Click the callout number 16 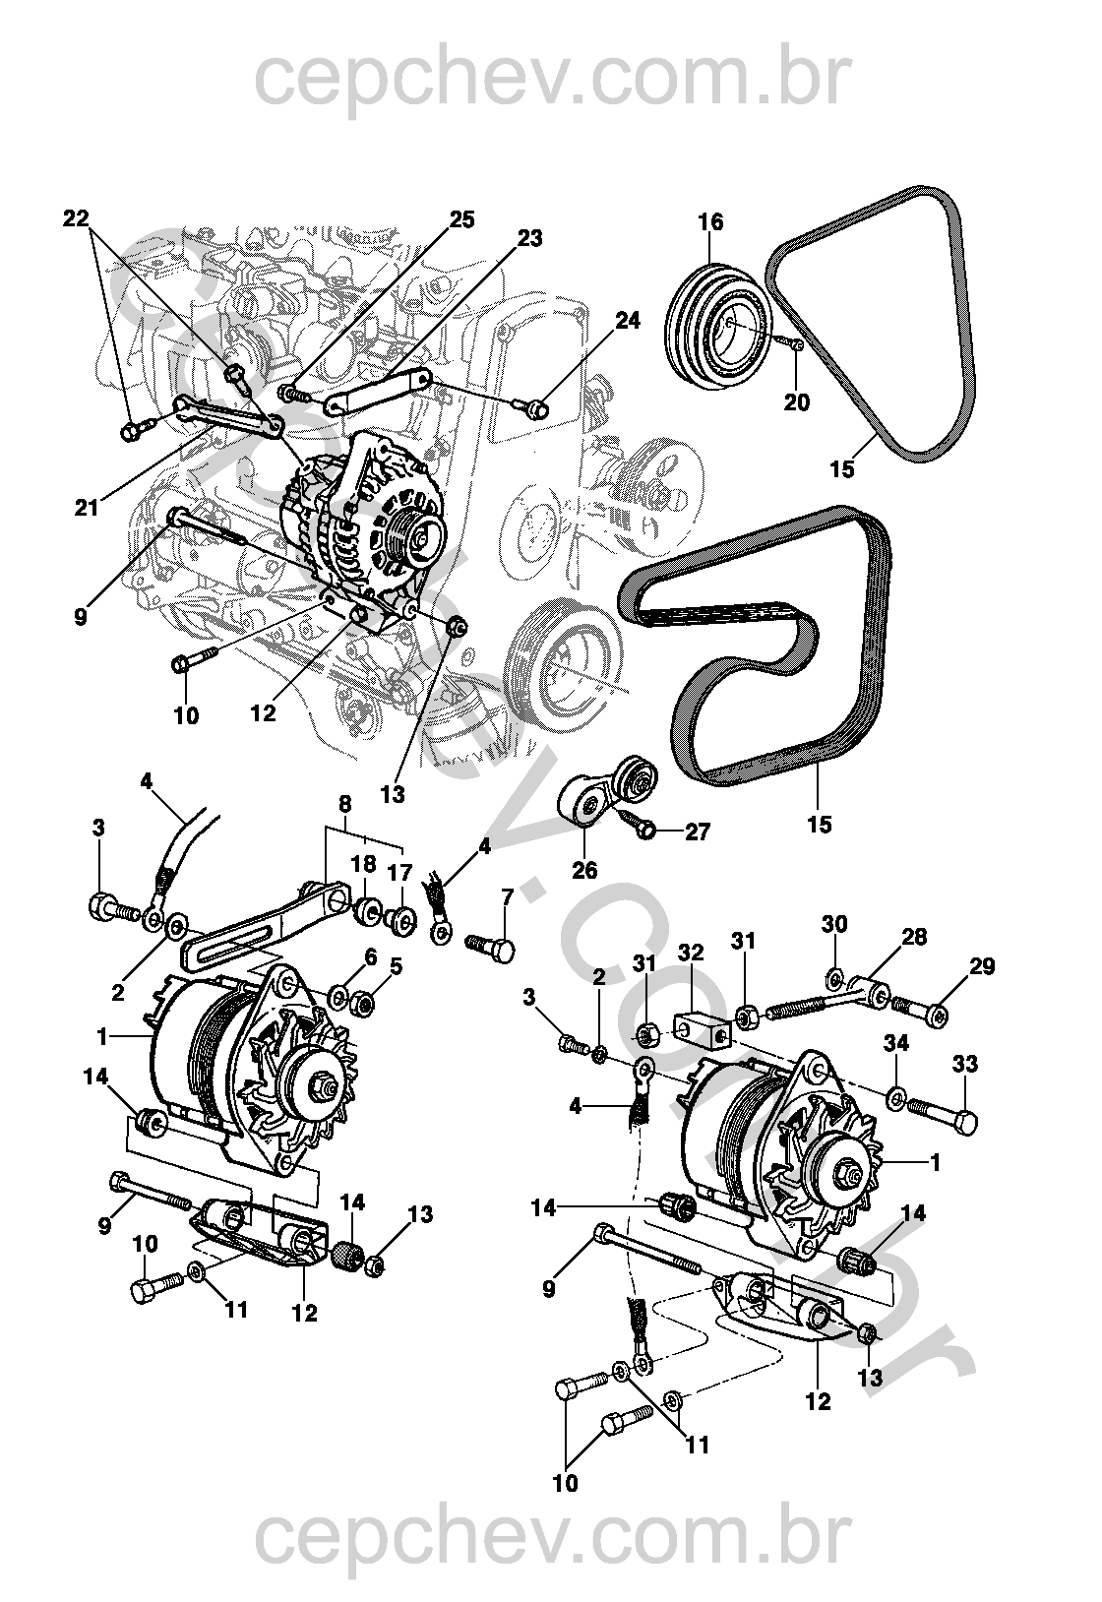click(710, 222)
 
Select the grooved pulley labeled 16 click(718, 326)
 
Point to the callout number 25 click(461, 219)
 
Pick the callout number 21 click(87, 508)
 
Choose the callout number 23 click(529, 238)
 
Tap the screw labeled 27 click(639, 825)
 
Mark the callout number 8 click(344, 804)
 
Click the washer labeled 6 click(339, 995)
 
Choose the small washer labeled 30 click(833, 974)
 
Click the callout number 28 click(914, 936)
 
